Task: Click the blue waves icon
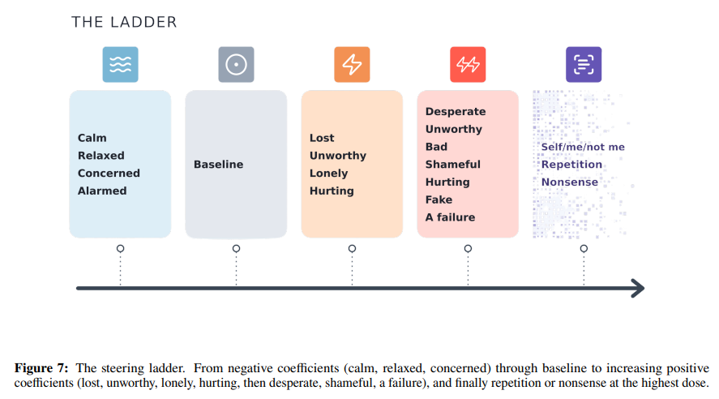(120, 65)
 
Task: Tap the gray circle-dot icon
(236, 65)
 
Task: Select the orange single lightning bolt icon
(352, 65)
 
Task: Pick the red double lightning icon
(468, 65)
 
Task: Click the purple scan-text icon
(584, 65)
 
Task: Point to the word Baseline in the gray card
(218, 164)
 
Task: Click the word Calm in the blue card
(92, 138)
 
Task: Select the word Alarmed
(102, 191)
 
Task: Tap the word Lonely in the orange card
(329, 174)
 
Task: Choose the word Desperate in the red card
(456, 112)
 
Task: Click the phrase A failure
(451, 217)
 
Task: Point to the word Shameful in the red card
(453, 164)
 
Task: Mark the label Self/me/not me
(583, 147)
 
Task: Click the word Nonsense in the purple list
(570, 182)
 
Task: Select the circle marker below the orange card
(352, 249)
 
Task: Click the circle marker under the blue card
(120, 249)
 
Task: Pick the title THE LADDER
(124, 22)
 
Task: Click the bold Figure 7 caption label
(41, 368)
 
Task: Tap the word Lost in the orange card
(322, 138)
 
